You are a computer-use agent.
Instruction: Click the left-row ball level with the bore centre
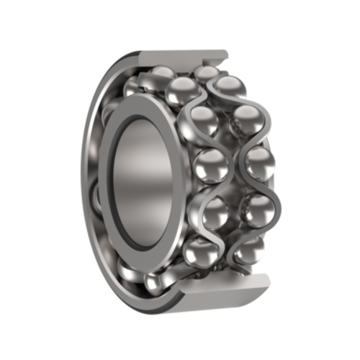[210, 166]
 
